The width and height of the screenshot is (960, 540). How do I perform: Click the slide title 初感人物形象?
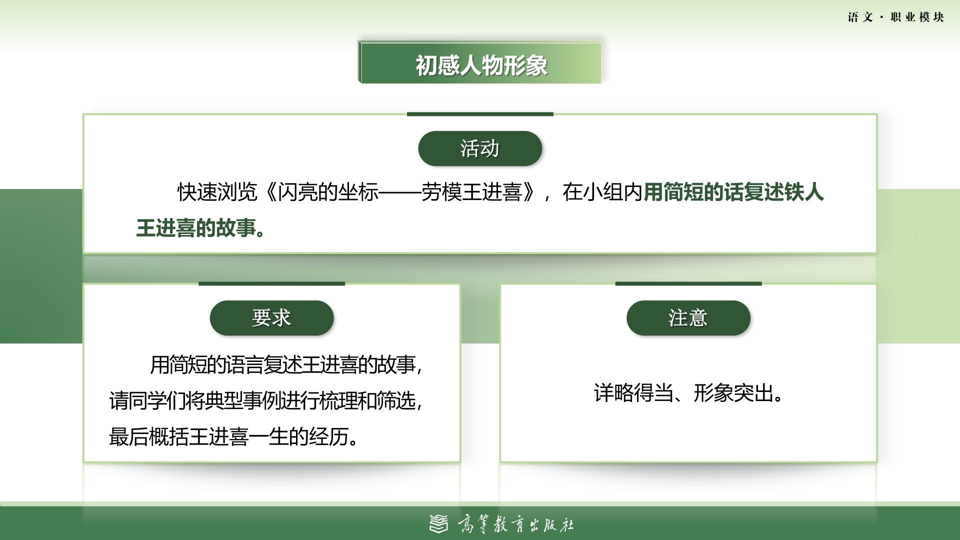(x=481, y=65)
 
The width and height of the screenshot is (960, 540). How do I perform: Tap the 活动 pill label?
(x=480, y=148)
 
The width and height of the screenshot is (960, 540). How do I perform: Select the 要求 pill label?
(x=271, y=318)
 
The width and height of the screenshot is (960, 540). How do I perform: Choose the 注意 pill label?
(x=688, y=318)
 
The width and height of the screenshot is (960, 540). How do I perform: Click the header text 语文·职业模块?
(x=896, y=17)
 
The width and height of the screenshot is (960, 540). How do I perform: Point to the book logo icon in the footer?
(x=439, y=523)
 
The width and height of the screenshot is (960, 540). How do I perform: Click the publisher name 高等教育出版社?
(x=515, y=524)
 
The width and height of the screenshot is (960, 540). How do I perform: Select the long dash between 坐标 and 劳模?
(x=400, y=192)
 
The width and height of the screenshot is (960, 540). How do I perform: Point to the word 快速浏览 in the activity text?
(x=217, y=192)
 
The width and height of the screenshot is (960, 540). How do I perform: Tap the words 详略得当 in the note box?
(x=633, y=393)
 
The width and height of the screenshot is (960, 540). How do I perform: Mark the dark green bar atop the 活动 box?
(x=480, y=114)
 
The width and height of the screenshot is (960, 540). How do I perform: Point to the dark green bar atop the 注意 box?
(x=688, y=283)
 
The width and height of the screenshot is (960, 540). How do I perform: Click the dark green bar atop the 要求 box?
(x=271, y=283)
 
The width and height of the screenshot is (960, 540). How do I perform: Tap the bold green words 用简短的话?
(x=693, y=192)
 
